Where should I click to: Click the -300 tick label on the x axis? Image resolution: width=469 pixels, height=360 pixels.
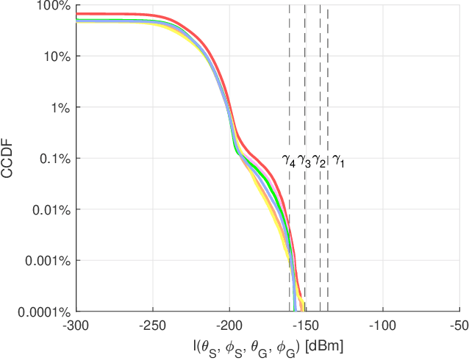pos(76,324)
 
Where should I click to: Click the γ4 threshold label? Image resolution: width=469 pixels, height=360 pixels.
pos(289,160)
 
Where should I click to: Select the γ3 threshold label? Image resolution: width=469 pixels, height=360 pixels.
pos(304,160)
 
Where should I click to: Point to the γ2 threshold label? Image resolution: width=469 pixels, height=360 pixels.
pos(318,160)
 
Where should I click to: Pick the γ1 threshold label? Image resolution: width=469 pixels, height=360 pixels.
pos(338,160)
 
